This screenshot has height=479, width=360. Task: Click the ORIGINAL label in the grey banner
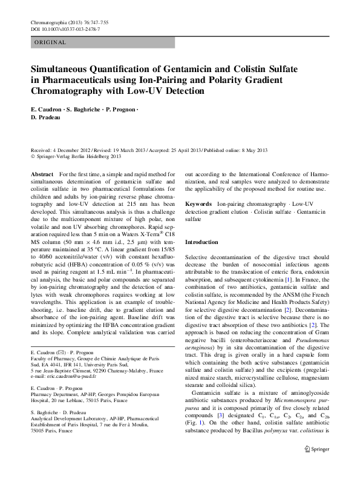tap(50, 43)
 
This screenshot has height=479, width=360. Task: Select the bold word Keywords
tap(198, 205)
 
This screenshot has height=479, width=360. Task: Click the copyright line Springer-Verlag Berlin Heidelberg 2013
tap(80, 156)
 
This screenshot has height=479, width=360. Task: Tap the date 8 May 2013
tap(253, 150)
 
